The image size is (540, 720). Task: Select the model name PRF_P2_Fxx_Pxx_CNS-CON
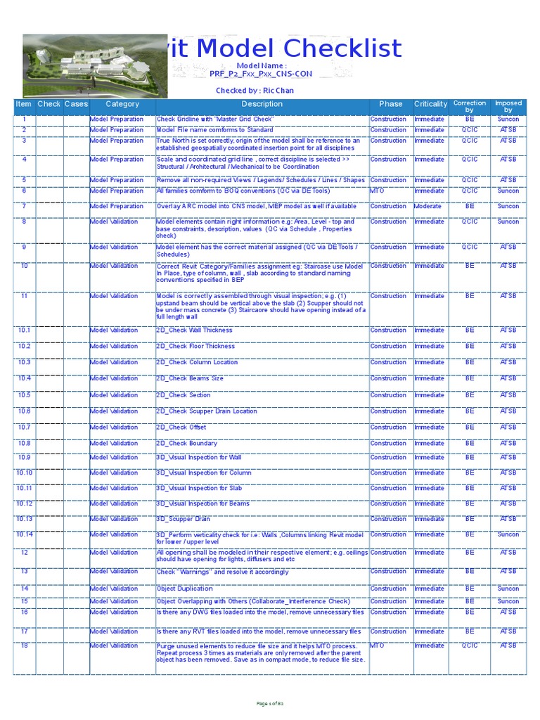pyautogui.click(x=262, y=73)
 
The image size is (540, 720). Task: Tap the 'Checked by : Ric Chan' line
pyautogui.click(x=255, y=91)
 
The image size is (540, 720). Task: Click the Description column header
pyautogui.click(x=262, y=104)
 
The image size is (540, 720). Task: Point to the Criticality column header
pyautogui.click(x=430, y=104)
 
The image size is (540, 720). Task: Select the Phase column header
pyautogui.click(x=391, y=104)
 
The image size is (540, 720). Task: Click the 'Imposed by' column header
pyautogui.click(x=508, y=107)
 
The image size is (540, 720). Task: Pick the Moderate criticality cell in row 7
pyautogui.click(x=428, y=207)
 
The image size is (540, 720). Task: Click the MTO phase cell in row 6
pyautogui.click(x=378, y=191)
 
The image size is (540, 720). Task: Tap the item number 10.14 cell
pyautogui.click(x=25, y=534)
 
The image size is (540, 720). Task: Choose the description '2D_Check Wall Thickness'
pyautogui.click(x=194, y=330)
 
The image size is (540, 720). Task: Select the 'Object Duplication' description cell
pyautogui.click(x=184, y=589)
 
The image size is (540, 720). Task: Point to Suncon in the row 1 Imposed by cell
pyautogui.click(x=508, y=120)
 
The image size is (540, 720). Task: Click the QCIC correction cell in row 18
pyautogui.click(x=470, y=645)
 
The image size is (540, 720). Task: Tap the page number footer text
pyautogui.click(x=270, y=703)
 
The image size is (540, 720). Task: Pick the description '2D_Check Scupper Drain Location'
pyautogui.click(x=207, y=411)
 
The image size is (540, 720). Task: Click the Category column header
pyautogui.click(x=122, y=104)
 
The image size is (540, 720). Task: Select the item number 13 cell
pyautogui.click(x=25, y=572)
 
